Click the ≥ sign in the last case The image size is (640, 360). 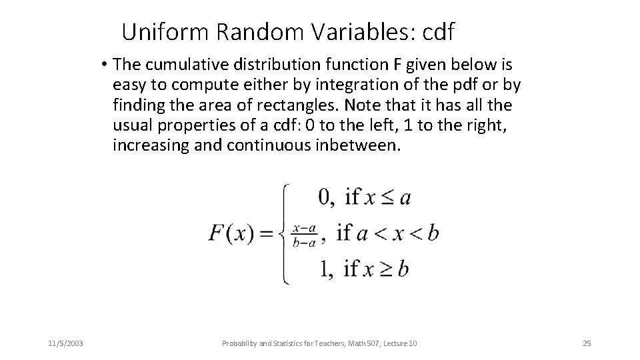[384, 269]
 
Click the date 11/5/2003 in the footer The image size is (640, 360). [66, 343]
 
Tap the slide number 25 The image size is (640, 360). [587, 343]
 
